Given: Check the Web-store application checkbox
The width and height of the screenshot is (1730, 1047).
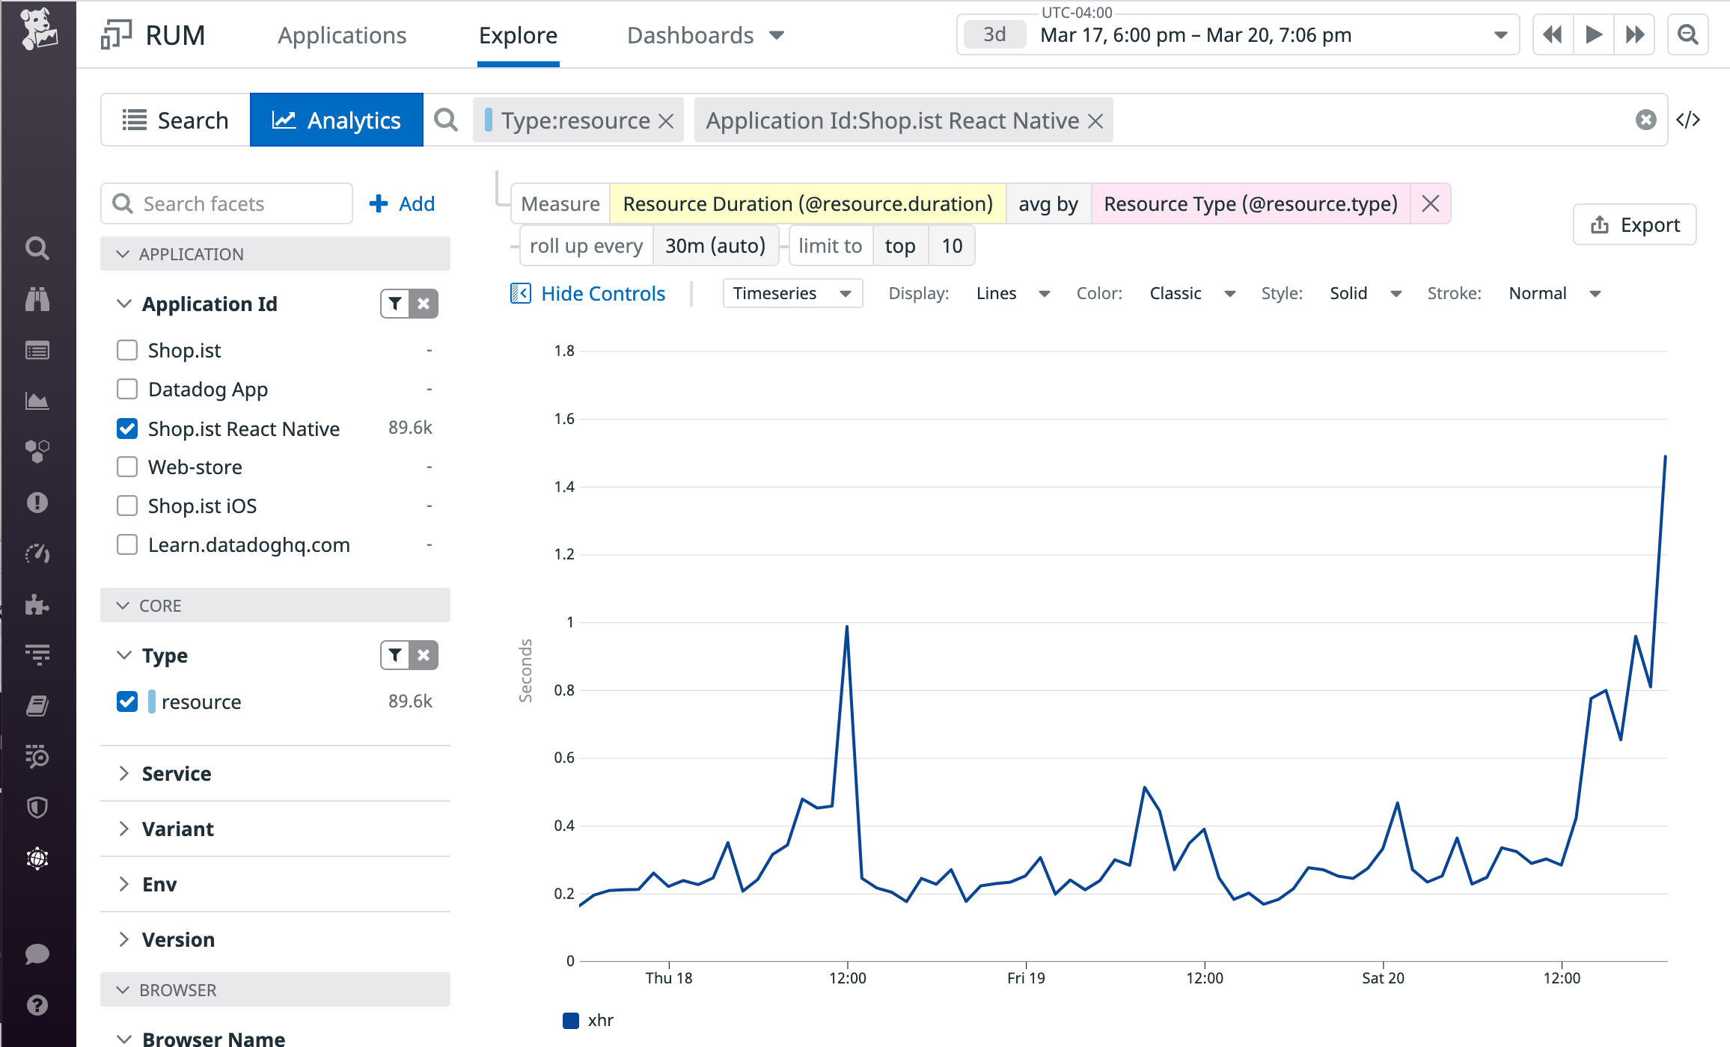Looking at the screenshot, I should (127, 467).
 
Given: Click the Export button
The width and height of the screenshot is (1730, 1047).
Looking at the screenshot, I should (1635, 225).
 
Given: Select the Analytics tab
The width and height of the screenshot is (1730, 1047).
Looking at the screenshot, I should (337, 120).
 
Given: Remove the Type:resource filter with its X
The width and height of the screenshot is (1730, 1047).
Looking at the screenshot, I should (666, 121).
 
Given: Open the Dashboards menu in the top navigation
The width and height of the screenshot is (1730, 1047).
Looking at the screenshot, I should (705, 35).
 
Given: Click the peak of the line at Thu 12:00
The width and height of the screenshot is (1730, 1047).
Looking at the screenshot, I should (846, 627).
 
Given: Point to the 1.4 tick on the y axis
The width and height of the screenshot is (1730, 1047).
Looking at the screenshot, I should (564, 487).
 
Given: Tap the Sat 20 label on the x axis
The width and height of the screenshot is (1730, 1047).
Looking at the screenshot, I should (1383, 978).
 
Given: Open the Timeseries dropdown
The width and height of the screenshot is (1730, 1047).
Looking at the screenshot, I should (792, 293).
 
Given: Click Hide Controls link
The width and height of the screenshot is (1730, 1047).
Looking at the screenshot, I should (602, 293).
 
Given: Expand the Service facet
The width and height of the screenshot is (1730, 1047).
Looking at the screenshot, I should (177, 773).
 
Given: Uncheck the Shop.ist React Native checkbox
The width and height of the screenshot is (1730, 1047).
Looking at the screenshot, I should (127, 429).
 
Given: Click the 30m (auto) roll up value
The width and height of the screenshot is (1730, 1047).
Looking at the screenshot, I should (715, 246).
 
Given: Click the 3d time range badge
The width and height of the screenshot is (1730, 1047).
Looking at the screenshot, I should (994, 35).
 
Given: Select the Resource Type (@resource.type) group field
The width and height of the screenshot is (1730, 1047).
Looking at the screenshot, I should (1250, 204).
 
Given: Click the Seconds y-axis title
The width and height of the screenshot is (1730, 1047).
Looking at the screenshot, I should (526, 670).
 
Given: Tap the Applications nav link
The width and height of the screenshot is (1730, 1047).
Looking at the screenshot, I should (342, 35).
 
